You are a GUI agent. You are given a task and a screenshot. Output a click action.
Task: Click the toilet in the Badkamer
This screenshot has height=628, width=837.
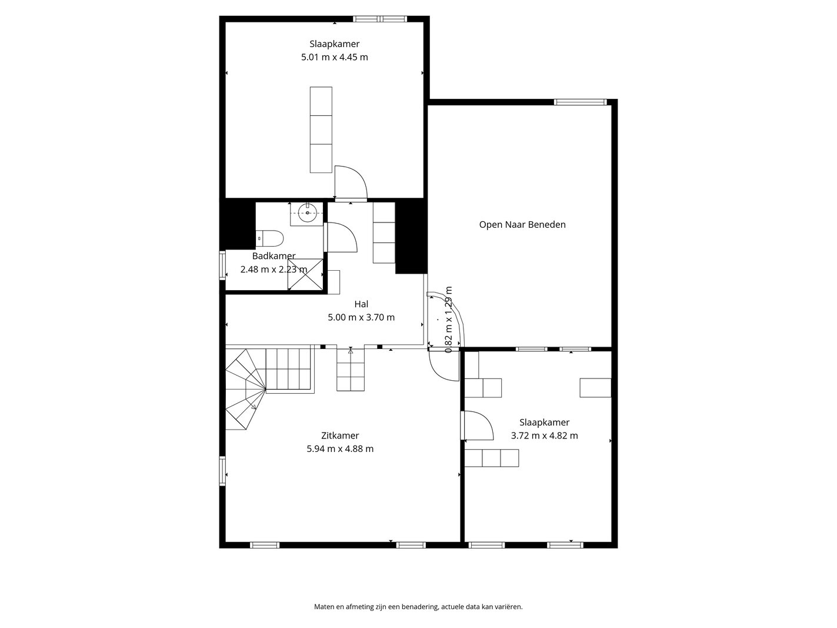click(x=269, y=238)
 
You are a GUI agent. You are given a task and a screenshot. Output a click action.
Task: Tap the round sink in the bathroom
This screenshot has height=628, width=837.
click(x=308, y=212)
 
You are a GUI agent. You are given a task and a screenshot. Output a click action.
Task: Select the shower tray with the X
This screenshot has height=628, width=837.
click(x=305, y=274)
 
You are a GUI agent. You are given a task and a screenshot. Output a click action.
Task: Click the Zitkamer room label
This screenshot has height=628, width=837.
click(x=340, y=436)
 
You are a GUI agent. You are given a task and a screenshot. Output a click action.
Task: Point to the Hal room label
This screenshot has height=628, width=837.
click(x=361, y=304)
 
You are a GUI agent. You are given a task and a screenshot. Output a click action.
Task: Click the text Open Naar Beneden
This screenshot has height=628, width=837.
click(x=522, y=225)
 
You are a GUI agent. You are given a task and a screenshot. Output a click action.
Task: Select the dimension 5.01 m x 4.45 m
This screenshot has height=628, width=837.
click(x=335, y=57)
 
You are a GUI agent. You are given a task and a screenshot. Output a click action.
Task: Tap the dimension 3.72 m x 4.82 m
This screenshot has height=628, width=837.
click(x=544, y=436)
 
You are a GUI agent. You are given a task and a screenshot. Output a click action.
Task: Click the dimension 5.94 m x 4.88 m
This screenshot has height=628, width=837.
click(x=340, y=448)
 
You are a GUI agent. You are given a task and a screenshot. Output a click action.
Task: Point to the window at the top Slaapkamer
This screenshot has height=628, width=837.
click(x=380, y=19)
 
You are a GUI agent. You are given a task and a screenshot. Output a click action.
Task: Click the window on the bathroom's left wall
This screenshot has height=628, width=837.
click(x=222, y=265)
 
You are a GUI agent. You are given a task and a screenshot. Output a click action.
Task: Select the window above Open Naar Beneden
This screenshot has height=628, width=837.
click(x=580, y=102)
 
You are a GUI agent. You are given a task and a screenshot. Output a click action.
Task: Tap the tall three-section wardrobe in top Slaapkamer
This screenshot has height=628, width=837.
click(x=321, y=129)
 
